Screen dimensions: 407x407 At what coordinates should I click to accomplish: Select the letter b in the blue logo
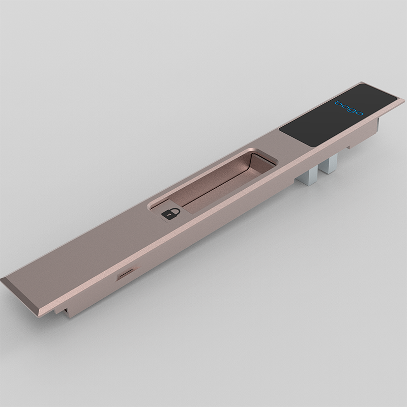(337, 103)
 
